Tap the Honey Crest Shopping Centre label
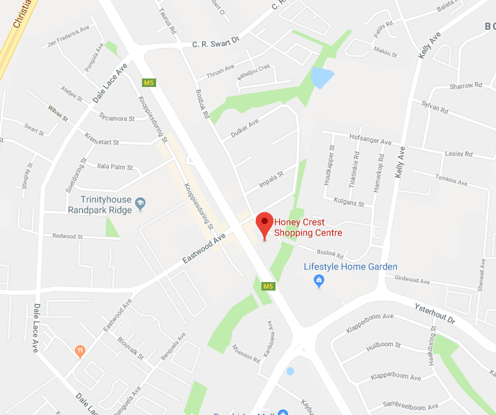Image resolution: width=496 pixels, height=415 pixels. click(308, 227)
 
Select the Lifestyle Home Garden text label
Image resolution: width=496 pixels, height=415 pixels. click(350, 267)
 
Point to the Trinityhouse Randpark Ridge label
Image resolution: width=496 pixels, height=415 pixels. click(100, 205)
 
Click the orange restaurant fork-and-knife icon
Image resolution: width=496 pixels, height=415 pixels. click(80, 349)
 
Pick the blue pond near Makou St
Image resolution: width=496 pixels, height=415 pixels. click(321, 77)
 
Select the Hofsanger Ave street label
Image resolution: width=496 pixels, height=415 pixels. click(369, 140)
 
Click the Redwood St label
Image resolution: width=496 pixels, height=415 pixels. click(67, 236)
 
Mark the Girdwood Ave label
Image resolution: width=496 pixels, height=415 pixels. click(412, 281)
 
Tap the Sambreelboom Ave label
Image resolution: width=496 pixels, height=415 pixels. click(404, 406)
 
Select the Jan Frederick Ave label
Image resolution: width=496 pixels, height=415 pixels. click(69, 36)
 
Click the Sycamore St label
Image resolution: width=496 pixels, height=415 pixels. click(117, 118)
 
